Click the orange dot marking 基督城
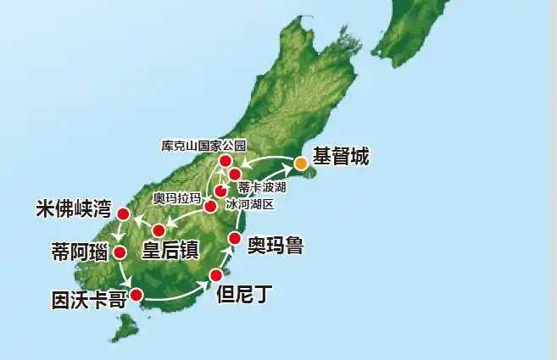[x=300, y=162]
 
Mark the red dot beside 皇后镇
[x=158, y=230]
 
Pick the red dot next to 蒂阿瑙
[x=120, y=252]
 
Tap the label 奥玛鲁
[x=275, y=246]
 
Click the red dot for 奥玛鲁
[x=235, y=238]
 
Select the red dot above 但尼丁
[x=215, y=275]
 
